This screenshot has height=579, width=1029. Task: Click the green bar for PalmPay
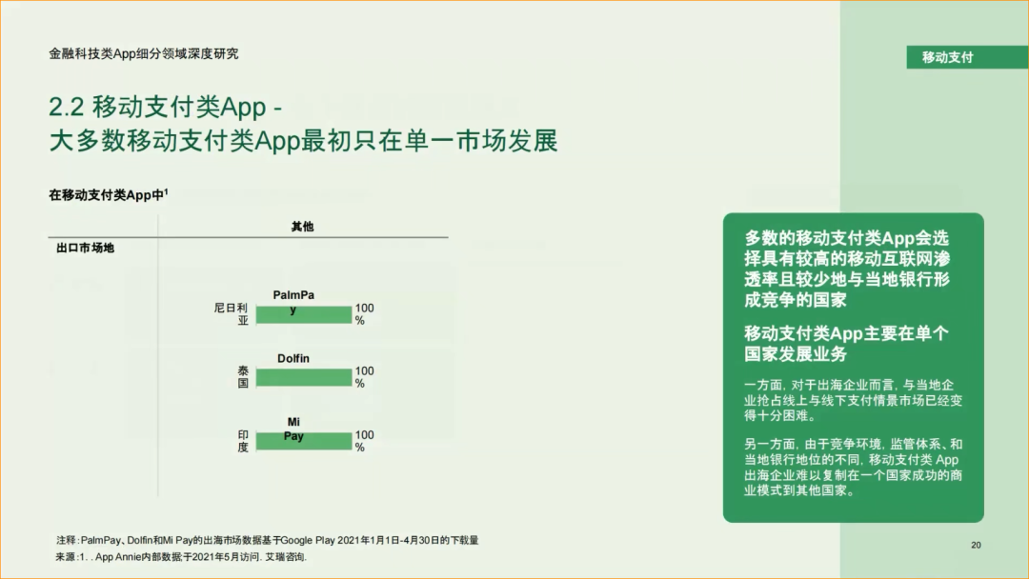point(303,315)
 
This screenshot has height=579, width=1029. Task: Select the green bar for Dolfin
point(303,378)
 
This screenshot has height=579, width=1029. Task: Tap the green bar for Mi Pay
point(303,442)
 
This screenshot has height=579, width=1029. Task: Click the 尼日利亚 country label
point(232,315)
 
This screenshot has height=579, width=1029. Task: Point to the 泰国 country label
point(243,377)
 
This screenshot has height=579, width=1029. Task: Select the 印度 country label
point(243,441)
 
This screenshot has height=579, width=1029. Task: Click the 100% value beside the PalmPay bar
point(364,315)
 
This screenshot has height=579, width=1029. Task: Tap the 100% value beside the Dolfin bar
point(364,377)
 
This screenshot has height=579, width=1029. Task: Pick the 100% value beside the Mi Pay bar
point(364,441)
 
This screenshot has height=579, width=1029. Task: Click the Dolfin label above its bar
point(293,359)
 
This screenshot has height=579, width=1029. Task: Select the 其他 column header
point(302,227)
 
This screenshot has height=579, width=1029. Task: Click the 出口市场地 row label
point(85,249)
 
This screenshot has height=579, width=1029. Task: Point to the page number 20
point(976,545)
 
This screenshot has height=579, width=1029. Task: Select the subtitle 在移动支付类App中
point(108,195)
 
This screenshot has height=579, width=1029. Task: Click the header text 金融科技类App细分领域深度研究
point(144,54)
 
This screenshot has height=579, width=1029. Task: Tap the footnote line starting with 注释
point(267,540)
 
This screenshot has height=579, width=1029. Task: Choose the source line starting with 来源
point(181,557)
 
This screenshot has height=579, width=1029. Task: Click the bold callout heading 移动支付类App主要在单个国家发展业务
point(846,344)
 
